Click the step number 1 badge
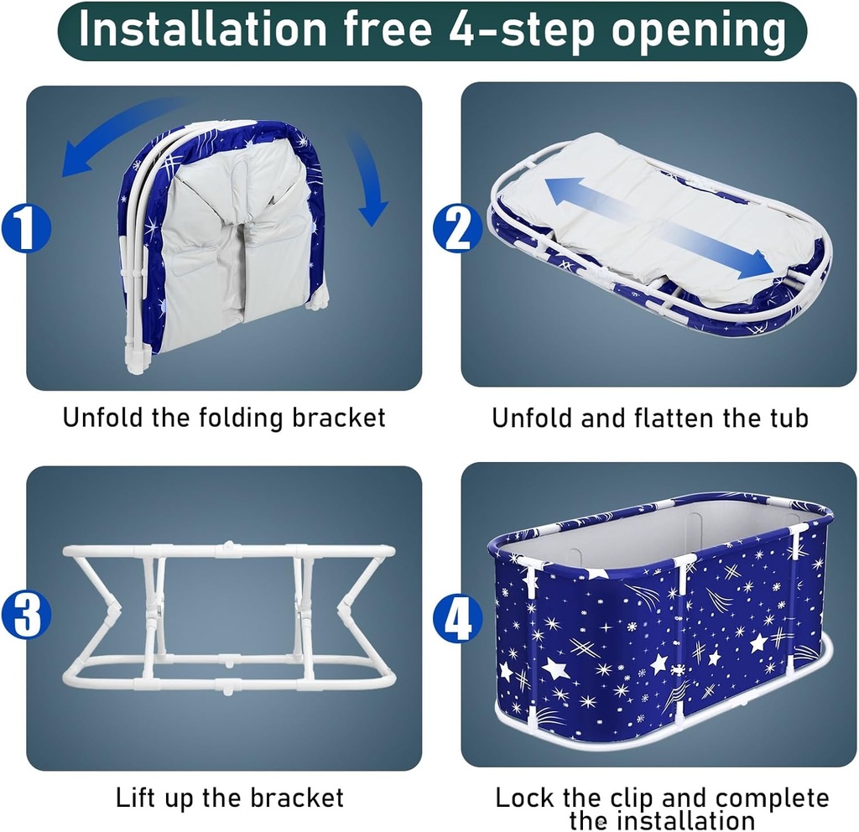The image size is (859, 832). point(25,228)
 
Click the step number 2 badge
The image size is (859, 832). point(458,228)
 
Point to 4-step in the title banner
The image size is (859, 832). point(515,29)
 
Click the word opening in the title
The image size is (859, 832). point(699,31)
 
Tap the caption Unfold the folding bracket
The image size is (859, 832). point(224,417)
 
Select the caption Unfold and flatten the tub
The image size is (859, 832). point(650,417)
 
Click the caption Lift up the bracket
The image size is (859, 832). point(230,797)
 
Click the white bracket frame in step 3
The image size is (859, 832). point(230,616)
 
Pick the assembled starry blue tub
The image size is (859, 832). point(659,625)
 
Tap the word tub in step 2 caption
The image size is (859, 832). point(789,417)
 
